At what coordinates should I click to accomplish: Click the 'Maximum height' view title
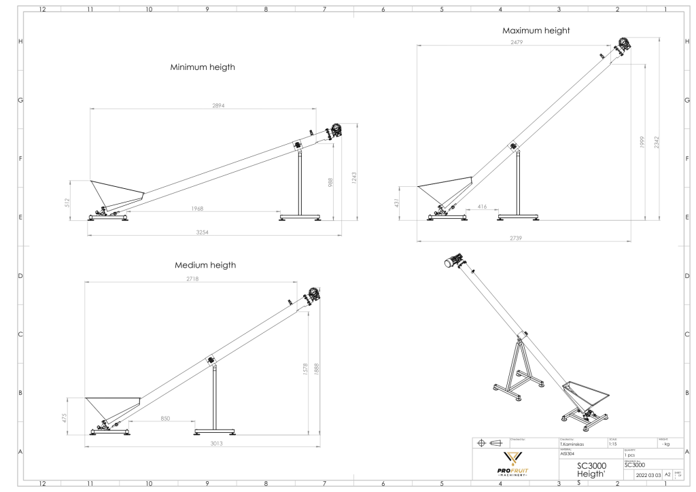pos(536,31)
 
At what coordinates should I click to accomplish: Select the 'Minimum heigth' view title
pos(203,68)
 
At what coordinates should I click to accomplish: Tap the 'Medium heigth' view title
pos(205,264)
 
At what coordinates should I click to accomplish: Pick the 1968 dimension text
pos(197,209)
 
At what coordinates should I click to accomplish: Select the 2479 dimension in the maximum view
pos(517,42)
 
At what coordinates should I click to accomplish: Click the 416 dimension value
pos(482,205)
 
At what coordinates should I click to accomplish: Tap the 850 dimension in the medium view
pos(165,419)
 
